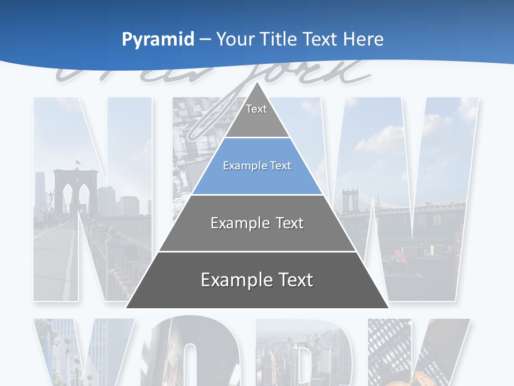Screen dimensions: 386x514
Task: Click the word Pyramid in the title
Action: pyautogui.click(x=157, y=40)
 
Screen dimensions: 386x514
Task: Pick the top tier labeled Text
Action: pyautogui.click(x=257, y=115)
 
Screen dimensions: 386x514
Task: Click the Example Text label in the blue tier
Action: pyautogui.click(x=257, y=166)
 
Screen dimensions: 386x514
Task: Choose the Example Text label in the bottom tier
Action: pyautogui.click(x=257, y=280)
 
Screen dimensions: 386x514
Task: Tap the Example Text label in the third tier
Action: pyautogui.click(x=257, y=223)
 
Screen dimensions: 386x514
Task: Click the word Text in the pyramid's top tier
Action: pyautogui.click(x=256, y=109)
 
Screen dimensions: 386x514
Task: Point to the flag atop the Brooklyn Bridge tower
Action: pyautogui.click(x=78, y=162)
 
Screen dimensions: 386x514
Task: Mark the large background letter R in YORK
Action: pyautogui.click(x=300, y=354)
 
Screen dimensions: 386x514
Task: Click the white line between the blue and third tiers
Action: pyautogui.click(x=257, y=195)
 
